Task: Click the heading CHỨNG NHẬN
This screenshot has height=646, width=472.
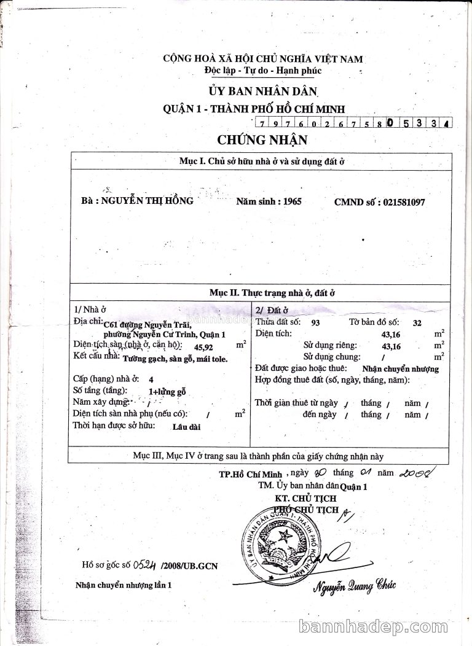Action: (262, 139)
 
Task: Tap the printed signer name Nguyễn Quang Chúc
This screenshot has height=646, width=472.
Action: (355, 586)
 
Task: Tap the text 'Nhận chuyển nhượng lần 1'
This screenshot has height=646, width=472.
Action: (124, 585)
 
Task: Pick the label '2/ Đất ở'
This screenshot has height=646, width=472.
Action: (272, 310)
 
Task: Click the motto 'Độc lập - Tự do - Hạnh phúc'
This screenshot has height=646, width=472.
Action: (263, 71)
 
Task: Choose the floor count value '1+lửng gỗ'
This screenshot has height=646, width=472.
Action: (167, 391)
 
